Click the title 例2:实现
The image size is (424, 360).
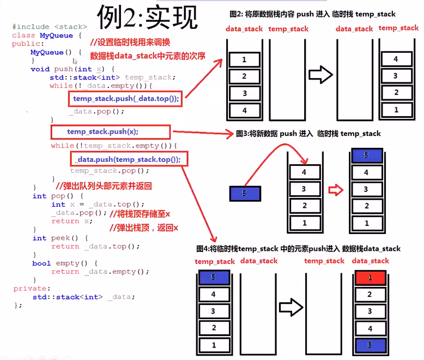pyautogui.click(x=147, y=17)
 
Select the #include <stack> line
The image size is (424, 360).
pyautogui.click(x=49, y=27)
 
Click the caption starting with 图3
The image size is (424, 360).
pyautogui.click(x=308, y=133)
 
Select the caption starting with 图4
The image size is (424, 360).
pyautogui.click(x=298, y=249)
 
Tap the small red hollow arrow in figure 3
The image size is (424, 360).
pyautogui.click(x=336, y=190)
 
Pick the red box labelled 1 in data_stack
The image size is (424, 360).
pyautogui.click(x=370, y=278)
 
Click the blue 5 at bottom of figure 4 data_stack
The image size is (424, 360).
pyautogui.click(x=370, y=345)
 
